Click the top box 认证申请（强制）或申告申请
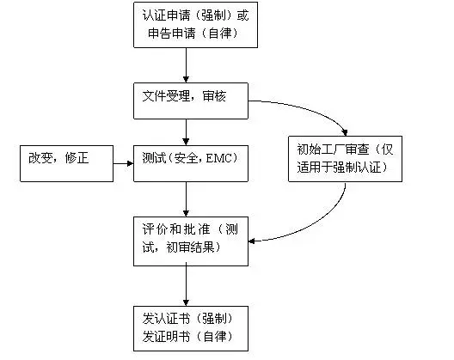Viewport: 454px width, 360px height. click(x=187, y=25)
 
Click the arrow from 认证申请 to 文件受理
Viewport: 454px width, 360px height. click(x=187, y=64)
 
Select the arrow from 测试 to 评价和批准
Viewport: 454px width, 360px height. click(x=187, y=198)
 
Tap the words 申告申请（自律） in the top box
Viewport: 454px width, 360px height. click(x=187, y=34)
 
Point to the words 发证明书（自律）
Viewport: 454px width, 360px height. click(x=187, y=336)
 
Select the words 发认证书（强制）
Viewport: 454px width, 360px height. click(x=187, y=317)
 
